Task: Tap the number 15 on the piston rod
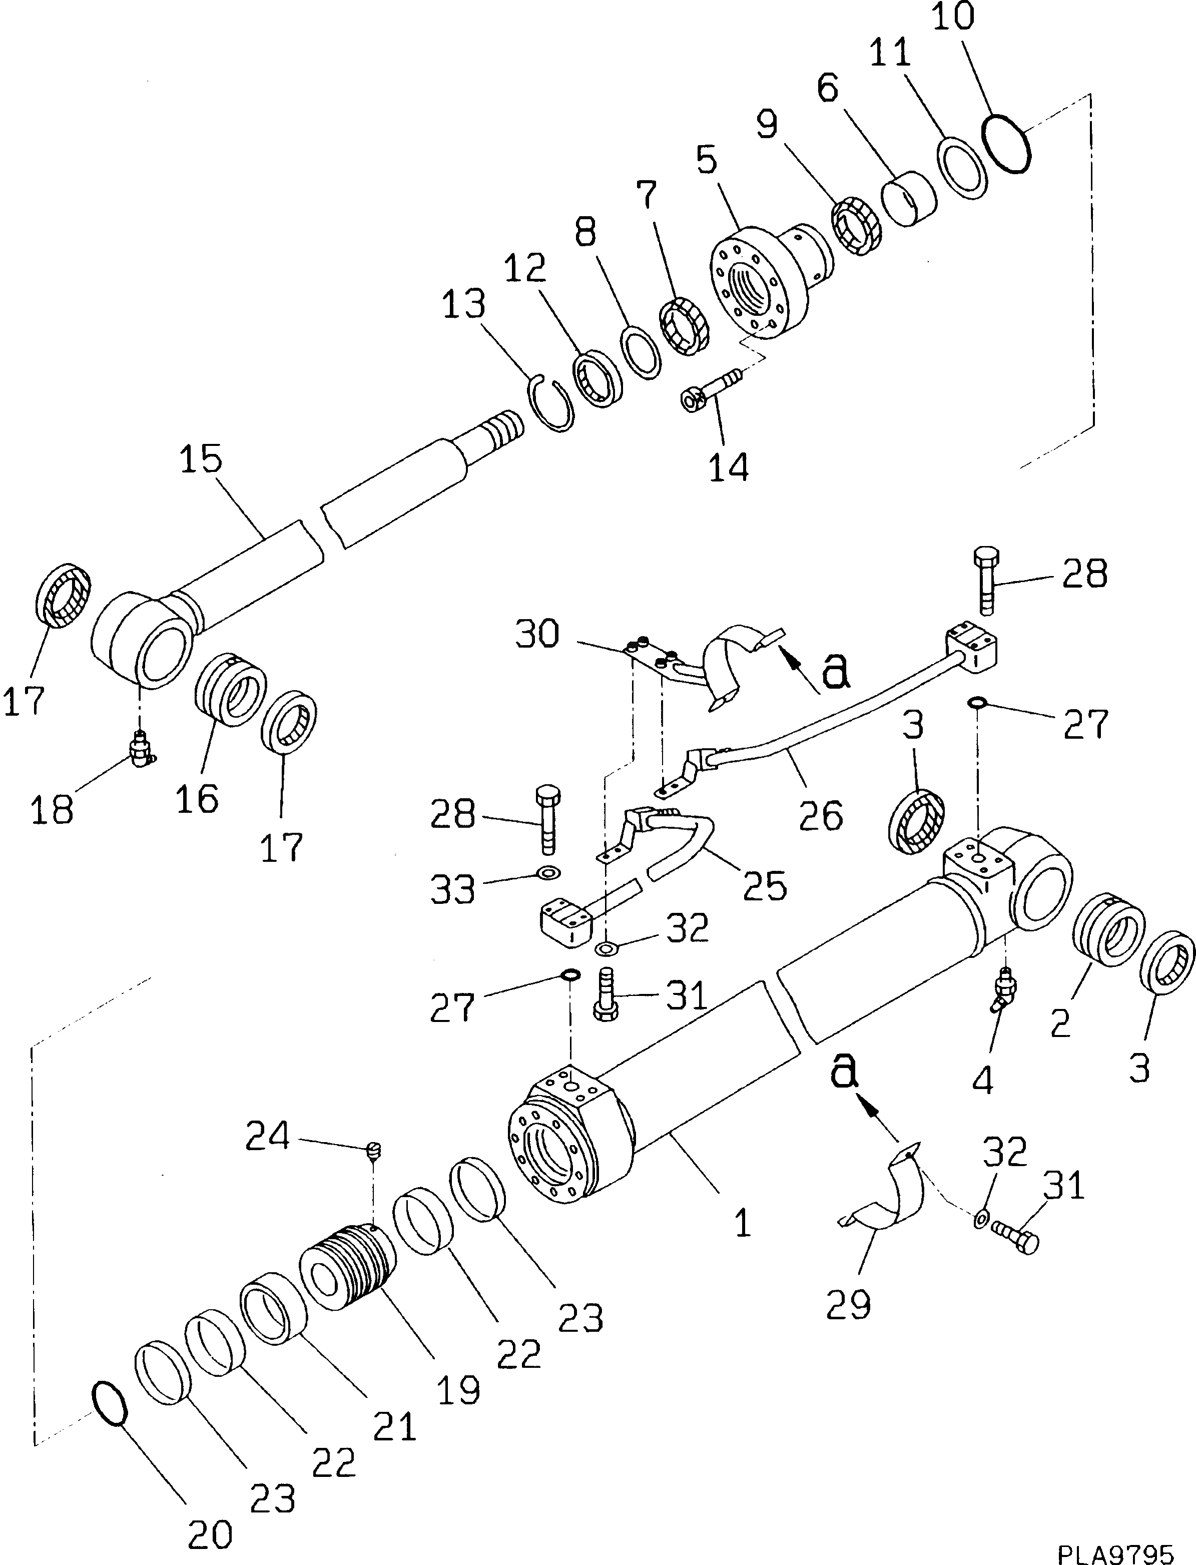201,460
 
